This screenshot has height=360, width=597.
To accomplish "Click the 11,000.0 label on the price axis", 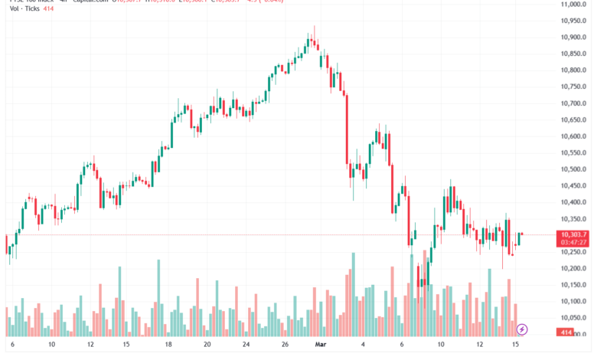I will (573, 5).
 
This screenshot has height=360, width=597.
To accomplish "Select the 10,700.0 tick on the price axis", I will (573, 103).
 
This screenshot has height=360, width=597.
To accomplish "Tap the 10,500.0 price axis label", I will (573, 169).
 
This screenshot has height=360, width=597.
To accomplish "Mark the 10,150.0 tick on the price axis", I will (573, 285).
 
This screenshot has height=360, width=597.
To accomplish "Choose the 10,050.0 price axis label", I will (573, 318).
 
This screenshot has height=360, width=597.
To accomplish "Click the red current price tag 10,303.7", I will (573, 234).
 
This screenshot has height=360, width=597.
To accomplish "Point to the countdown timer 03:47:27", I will (573, 243).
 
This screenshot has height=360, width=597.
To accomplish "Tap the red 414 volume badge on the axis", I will (566, 332).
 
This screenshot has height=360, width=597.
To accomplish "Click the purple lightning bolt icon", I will (522, 329).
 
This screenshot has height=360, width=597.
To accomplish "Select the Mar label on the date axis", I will (321, 345).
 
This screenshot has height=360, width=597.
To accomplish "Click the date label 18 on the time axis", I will (168, 345).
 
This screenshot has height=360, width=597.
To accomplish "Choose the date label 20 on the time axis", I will (207, 345).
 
